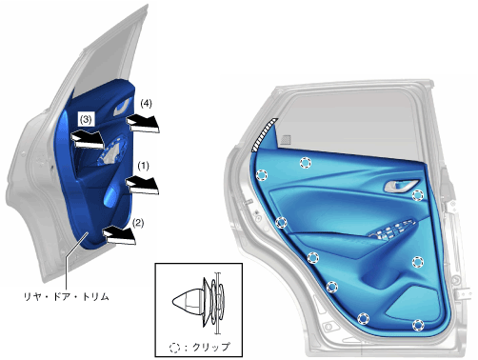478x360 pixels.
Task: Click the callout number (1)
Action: [x=143, y=166]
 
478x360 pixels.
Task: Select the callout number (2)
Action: [x=138, y=223]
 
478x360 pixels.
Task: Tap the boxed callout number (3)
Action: [x=86, y=119]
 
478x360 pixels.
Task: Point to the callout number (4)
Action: [x=146, y=104]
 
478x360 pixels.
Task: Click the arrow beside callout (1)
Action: [x=143, y=186]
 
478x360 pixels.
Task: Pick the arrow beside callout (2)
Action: [x=119, y=235]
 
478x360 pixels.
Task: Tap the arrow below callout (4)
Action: [x=143, y=124]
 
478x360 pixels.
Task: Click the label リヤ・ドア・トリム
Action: [x=67, y=296]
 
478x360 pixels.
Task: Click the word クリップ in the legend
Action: [x=211, y=347]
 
